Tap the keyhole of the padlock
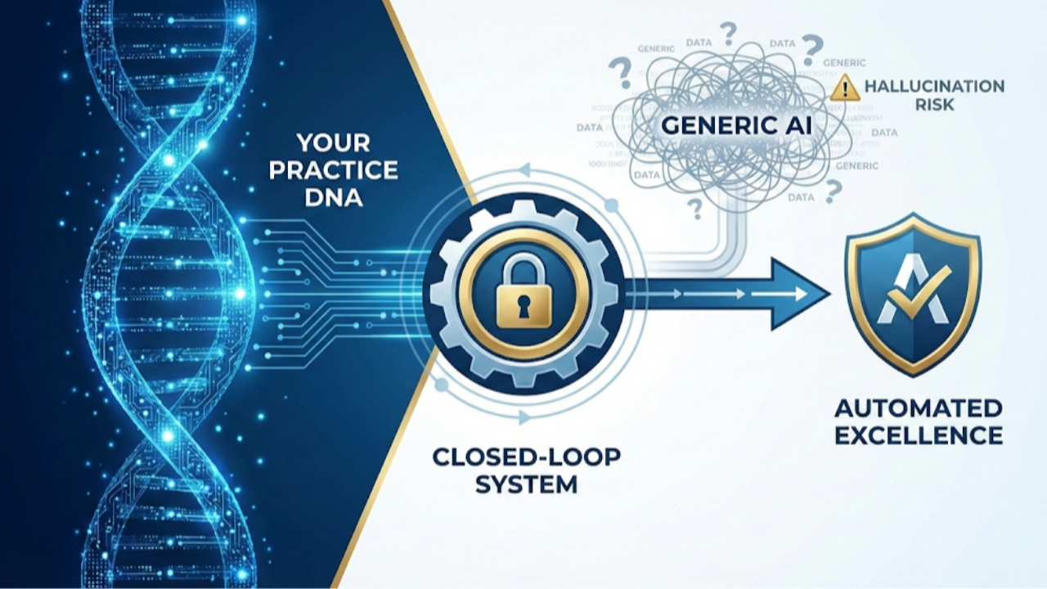point(523,304)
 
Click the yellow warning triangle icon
point(844,88)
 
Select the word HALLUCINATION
point(934,86)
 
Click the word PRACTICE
point(334,171)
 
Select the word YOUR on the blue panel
point(334,144)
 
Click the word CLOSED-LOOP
point(526,456)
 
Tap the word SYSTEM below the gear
point(526,483)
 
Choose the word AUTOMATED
point(918,407)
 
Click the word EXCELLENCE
point(918,434)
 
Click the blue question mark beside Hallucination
point(811,48)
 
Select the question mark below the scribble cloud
point(696,209)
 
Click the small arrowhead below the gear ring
point(524,417)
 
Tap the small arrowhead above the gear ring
point(524,169)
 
